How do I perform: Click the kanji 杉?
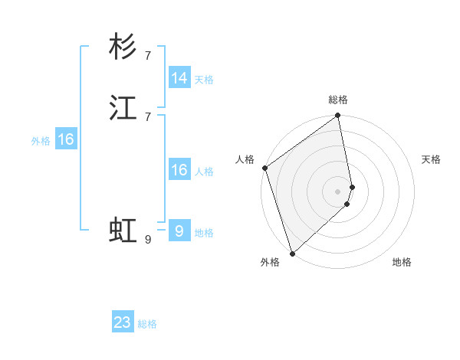pos(123,47)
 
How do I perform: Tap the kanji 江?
pos(123,109)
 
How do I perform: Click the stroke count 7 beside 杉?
pos(148,55)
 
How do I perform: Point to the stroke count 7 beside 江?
pos(148,116)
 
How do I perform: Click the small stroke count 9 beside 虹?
pos(148,240)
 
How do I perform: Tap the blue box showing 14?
pos(179,78)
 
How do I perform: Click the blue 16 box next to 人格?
pos(179,170)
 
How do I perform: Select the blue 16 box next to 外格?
pos(66,139)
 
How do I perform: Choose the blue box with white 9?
pos(179,231)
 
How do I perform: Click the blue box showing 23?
pos(123,322)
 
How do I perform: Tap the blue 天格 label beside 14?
pos(204,80)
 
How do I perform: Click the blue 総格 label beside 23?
pos(147,324)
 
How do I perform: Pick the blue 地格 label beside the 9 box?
pos(204,233)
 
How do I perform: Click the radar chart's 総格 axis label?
pos(338,100)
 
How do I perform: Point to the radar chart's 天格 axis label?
pos(432,159)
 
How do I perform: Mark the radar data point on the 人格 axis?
pos(264,168)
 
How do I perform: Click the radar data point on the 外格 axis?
pos(292,253)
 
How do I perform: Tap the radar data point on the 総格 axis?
pos(338,116)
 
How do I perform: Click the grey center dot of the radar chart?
pos(338,191)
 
